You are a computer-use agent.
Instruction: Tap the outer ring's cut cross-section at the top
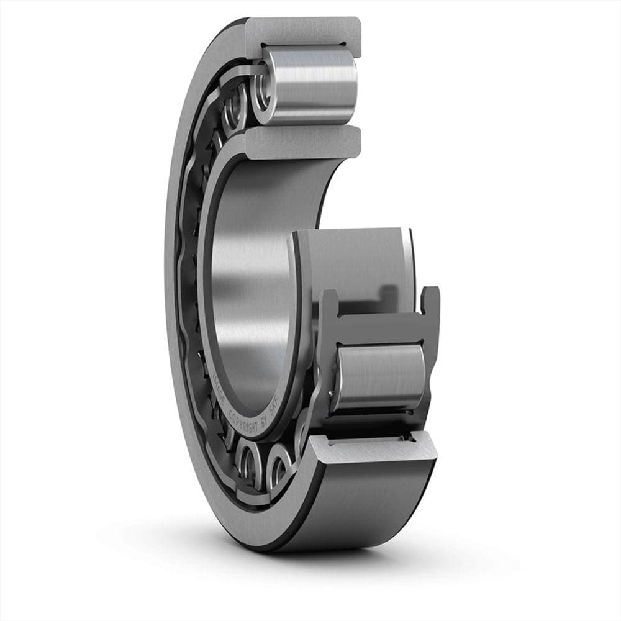point(304,31)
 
